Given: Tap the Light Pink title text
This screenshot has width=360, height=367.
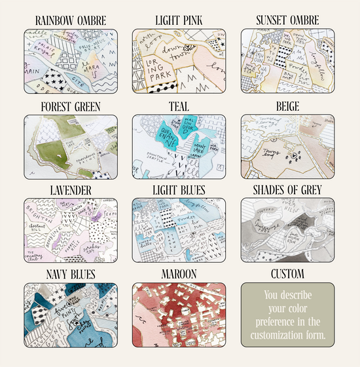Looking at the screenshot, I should coord(179,21).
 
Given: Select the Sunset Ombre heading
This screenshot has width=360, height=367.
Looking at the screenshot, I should coord(287,21).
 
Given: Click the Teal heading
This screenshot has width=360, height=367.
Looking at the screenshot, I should coord(179,106).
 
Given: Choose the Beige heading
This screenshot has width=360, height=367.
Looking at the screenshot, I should coord(287,106).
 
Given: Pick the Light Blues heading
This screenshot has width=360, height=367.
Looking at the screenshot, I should coord(179,190).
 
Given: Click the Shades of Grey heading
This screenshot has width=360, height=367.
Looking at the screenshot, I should coord(287,190).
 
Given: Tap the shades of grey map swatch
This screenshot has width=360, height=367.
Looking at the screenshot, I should coord(287,230).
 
